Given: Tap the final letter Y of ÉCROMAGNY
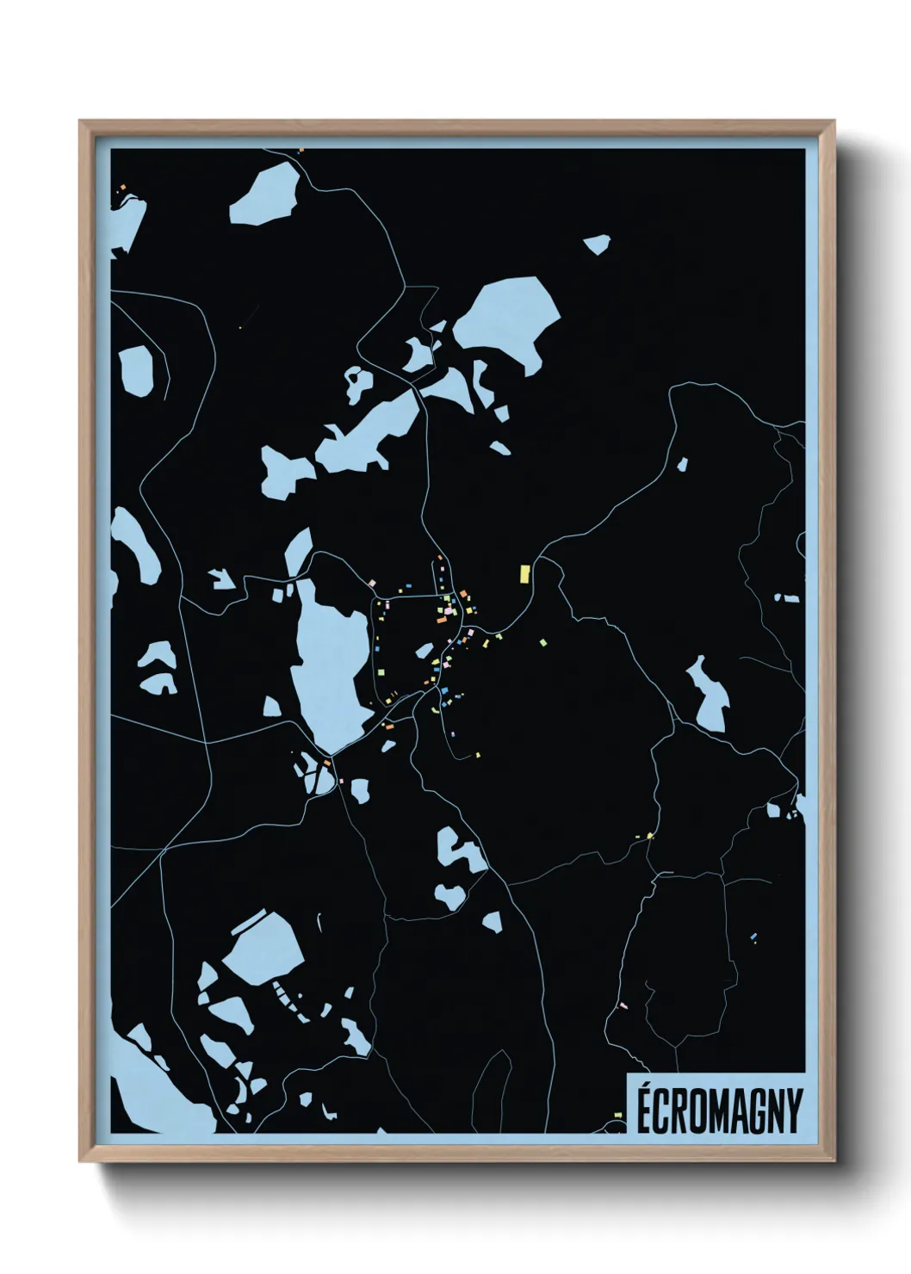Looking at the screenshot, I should click(794, 1110).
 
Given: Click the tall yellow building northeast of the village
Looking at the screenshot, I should click(524, 573).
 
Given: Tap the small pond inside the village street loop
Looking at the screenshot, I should click(424, 651).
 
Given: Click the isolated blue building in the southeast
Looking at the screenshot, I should click(753, 936).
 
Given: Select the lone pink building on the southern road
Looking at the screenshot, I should click(623, 1005).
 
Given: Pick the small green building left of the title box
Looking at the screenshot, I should click(617, 1115).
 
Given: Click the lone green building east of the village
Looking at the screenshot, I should click(542, 641).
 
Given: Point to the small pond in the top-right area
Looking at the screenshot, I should click(597, 244).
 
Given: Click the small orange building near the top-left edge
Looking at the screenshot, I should click(123, 187).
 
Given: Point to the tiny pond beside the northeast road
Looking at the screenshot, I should click(682, 465).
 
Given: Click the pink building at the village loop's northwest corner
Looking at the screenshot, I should click(372, 583).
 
